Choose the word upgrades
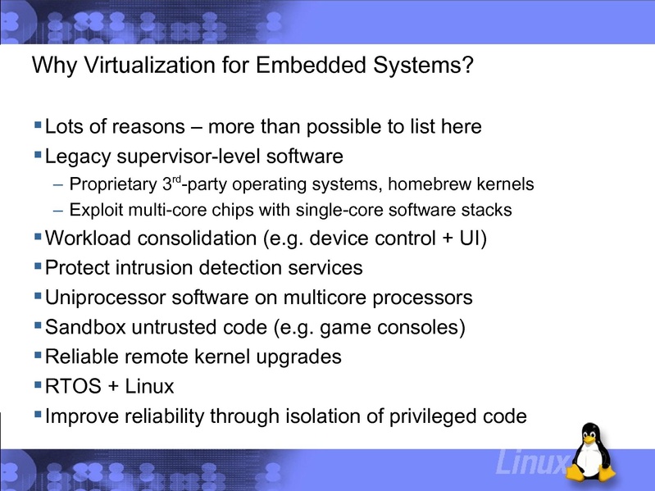pyautogui.click(x=300, y=357)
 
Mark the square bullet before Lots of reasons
pyautogui.click(x=38, y=125)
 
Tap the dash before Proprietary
pyautogui.click(x=57, y=183)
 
